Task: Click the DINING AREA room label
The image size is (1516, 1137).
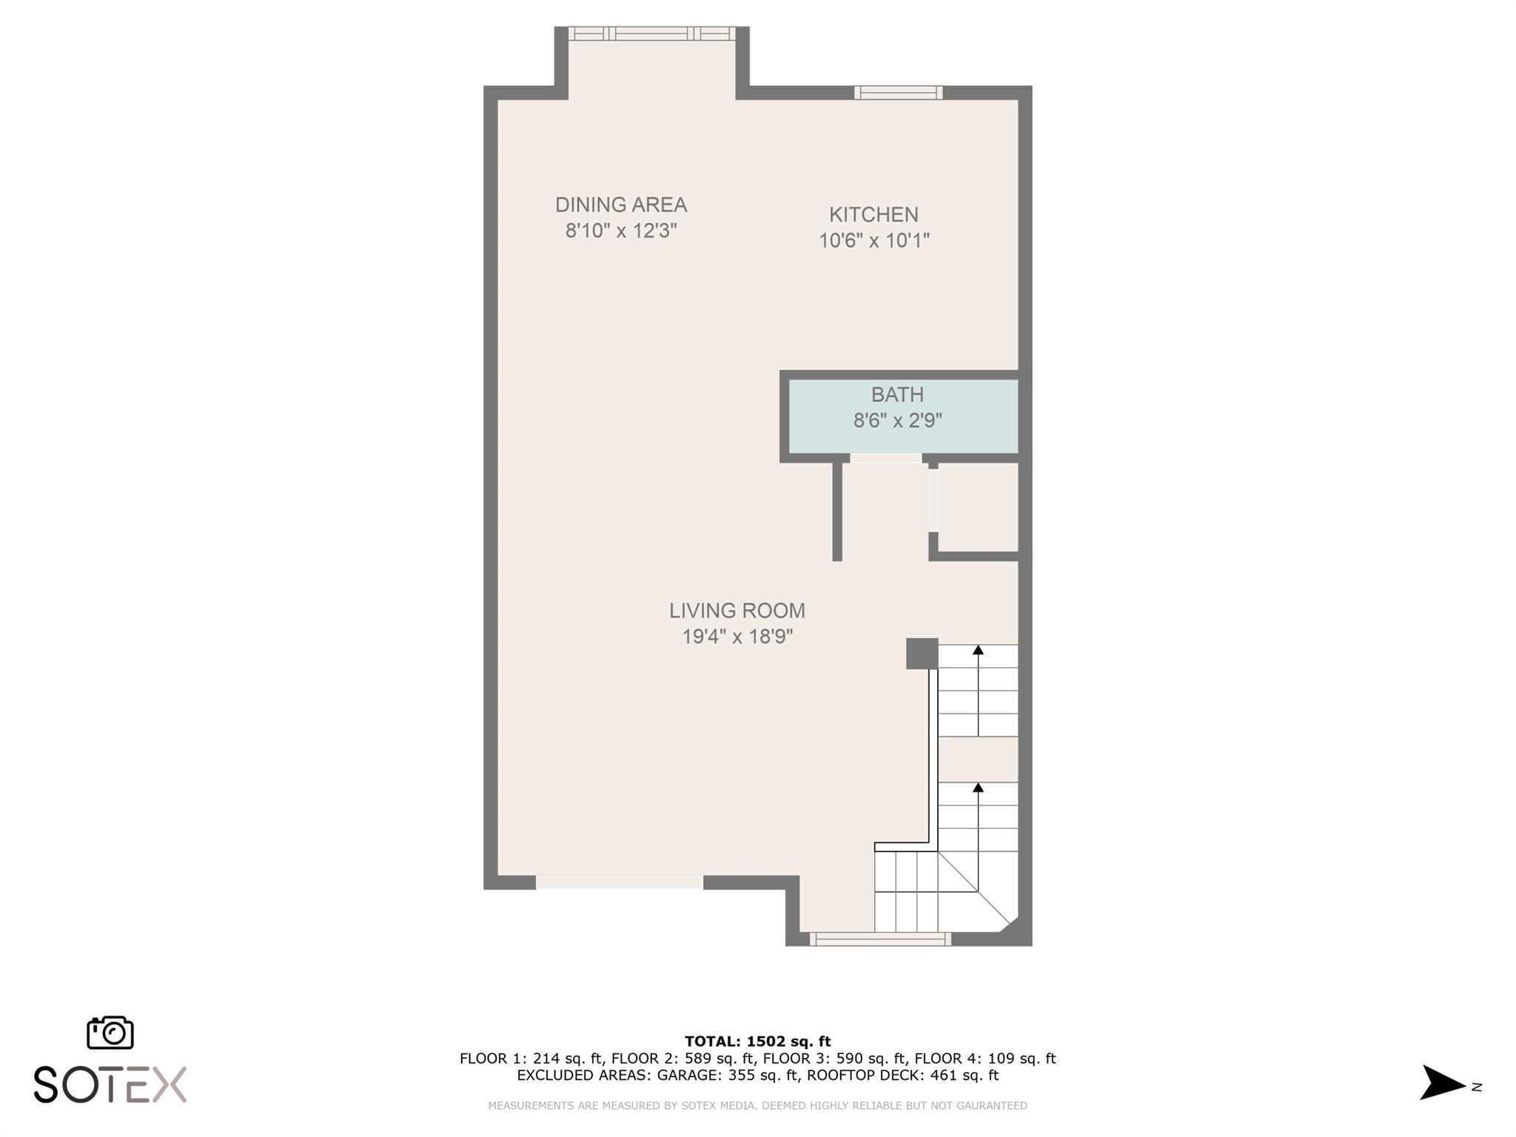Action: click(621, 204)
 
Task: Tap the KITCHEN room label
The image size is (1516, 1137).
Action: click(873, 215)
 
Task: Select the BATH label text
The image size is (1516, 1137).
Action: click(897, 395)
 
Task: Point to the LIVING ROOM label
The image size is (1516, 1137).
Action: click(737, 611)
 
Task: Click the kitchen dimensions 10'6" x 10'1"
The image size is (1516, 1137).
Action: click(873, 241)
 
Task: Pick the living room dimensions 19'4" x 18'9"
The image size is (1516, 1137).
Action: click(737, 637)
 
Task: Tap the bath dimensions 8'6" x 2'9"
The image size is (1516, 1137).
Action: click(897, 420)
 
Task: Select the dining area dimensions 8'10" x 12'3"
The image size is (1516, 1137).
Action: click(621, 231)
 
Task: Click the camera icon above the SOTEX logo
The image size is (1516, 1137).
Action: click(110, 1033)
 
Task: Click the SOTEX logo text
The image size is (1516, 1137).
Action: click(110, 1084)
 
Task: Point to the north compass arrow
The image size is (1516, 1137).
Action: click(1442, 1082)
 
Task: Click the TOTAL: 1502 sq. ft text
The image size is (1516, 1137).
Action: click(758, 1042)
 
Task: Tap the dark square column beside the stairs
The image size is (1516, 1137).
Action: click(922, 654)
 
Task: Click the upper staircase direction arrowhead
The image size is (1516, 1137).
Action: click(978, 649)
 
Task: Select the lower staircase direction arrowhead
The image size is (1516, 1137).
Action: click(978, 787)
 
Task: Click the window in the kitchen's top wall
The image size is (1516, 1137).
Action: click(899, 93)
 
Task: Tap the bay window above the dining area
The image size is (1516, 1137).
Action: click(651, 33)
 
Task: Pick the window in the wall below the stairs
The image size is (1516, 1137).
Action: click(880, 939)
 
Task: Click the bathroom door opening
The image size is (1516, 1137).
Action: click(886, 458)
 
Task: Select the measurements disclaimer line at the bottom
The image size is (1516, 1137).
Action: click(758, 1106)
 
